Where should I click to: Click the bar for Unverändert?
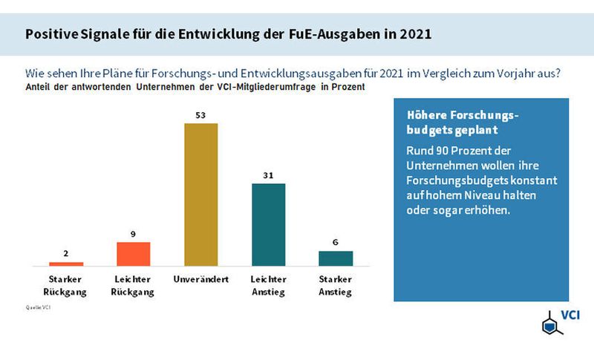pos(201,194)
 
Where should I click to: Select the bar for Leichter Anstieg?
pos(269,224)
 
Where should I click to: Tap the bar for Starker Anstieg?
pos(336,258)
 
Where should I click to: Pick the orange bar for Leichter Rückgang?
pos(134,253)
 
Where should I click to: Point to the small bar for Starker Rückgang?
pos(66,264)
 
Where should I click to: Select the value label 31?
pos(269,174)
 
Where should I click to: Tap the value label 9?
pos(134,234)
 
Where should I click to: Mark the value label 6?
pos(336,242)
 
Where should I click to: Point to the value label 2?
pos(66,254)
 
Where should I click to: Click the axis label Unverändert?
pos(201,279)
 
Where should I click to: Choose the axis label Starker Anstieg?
pos(336,285)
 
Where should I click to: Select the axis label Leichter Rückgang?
pos(134,285)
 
